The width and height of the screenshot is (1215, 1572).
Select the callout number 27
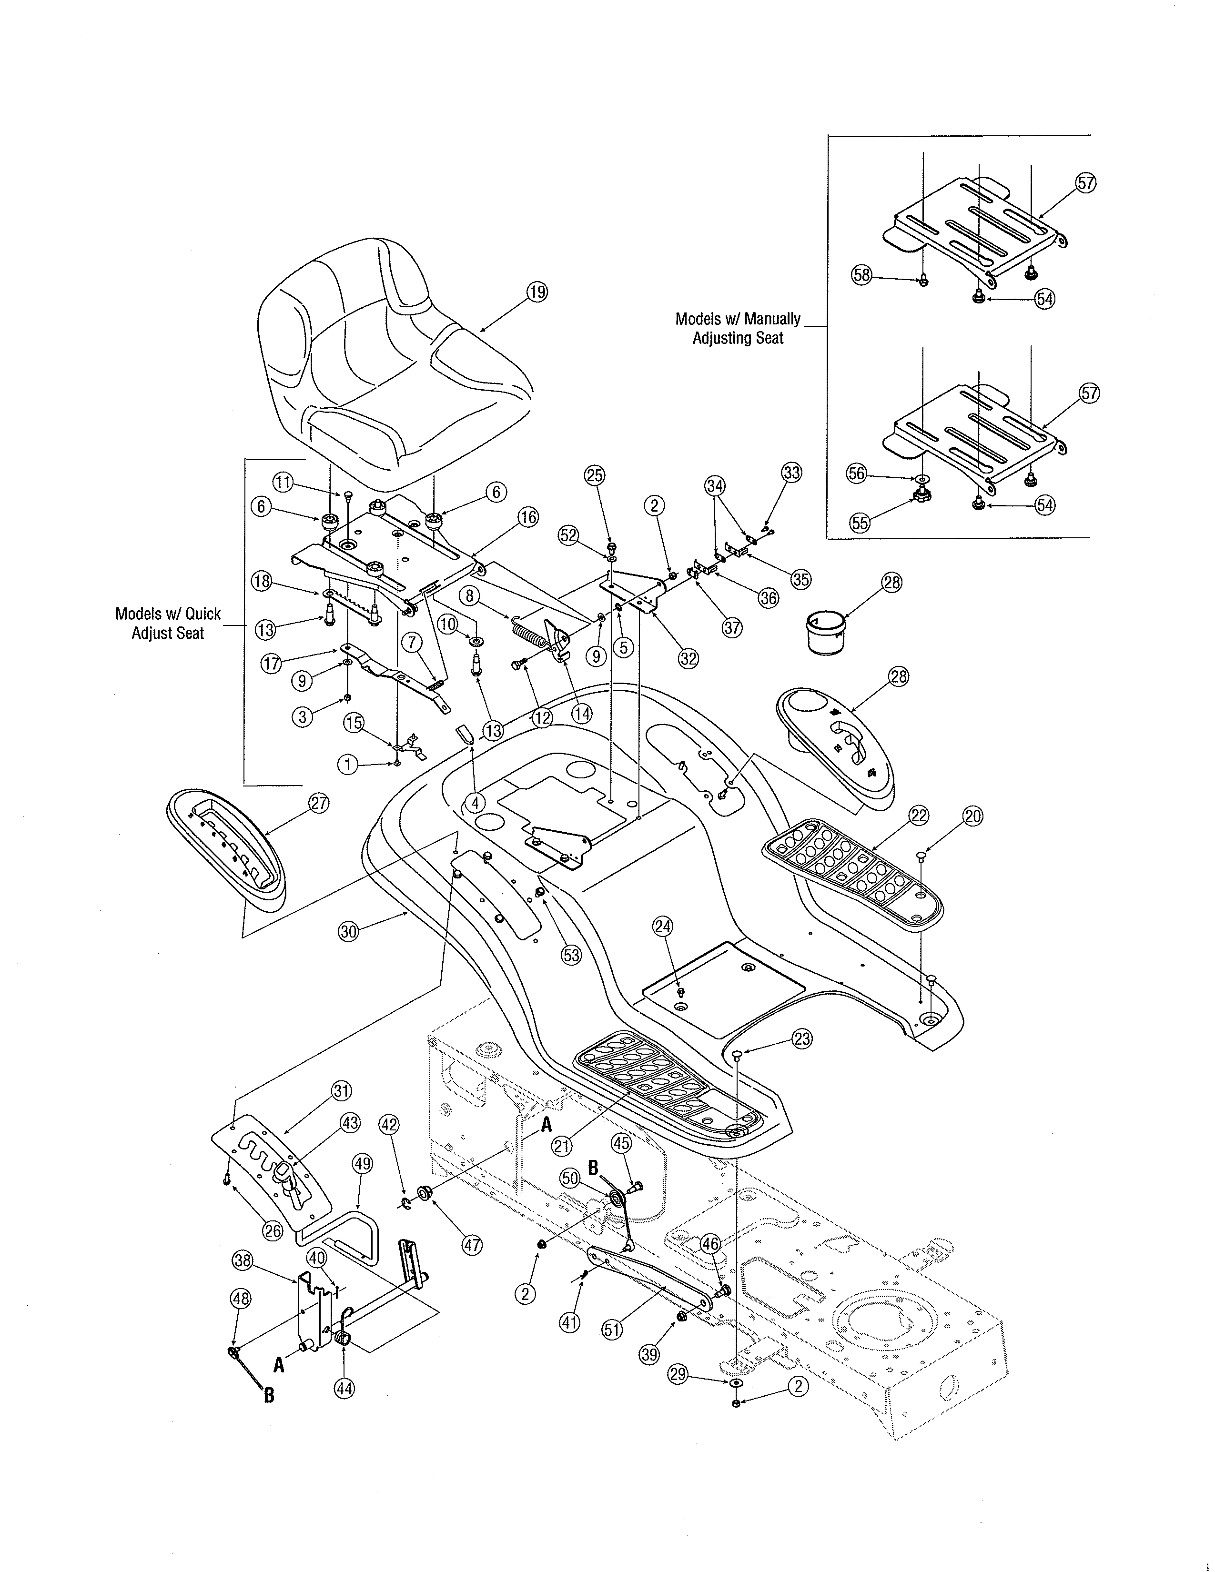coord(319,803)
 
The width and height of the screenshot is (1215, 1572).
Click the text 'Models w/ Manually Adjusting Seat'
coord(738,328)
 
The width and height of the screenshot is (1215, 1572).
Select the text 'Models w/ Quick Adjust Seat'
coord(168,624)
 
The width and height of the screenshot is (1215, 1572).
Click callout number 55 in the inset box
coord(860,523)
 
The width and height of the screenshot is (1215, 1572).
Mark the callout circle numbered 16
coord(528,517)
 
